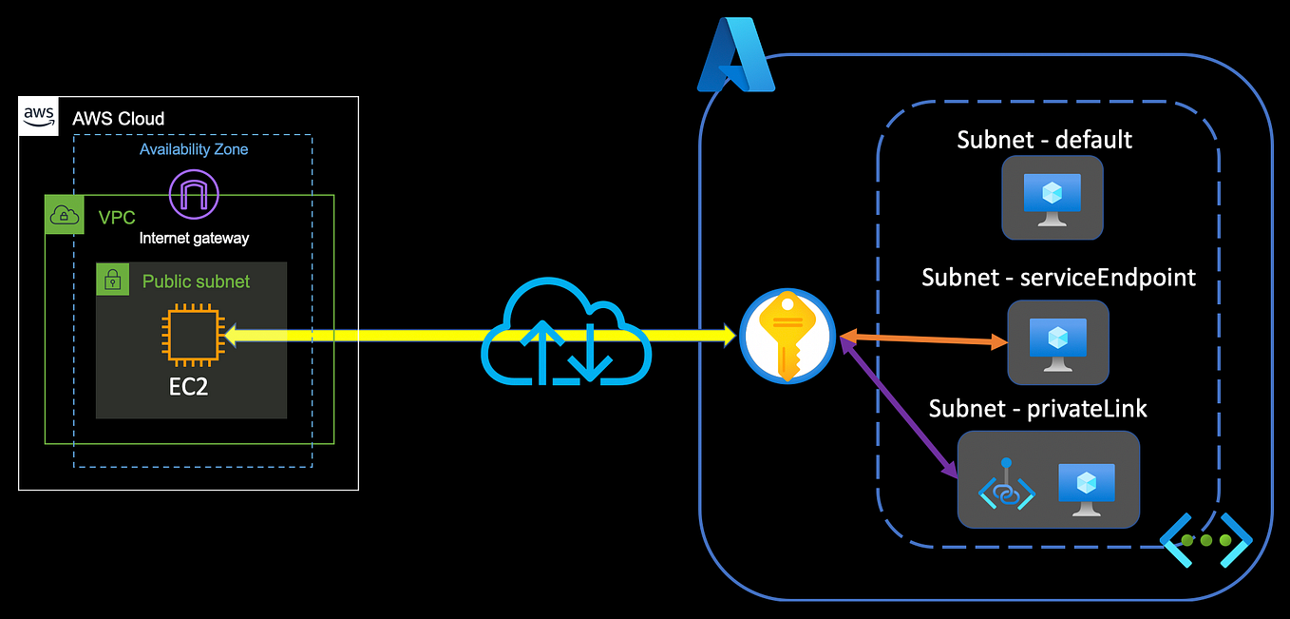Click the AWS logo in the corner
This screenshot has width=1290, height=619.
coord(39,115)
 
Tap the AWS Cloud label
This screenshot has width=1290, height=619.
coord(118,119)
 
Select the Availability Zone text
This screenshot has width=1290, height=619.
coord(194,149)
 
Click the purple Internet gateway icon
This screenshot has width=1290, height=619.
coord(194,194)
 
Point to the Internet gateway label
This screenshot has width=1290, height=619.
coord(194,238)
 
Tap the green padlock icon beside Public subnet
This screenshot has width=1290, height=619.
coord(113,279)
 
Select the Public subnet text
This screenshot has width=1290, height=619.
coord(196,281)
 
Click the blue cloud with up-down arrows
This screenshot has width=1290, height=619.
coord(567,339)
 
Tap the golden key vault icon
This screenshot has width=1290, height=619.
coord(786,337)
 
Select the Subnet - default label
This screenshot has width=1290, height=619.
coord(1044,140)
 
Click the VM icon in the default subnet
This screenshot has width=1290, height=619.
coord(1052,197)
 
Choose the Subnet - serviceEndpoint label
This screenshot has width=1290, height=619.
coord(1058,278)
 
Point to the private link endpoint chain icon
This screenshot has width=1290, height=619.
coord(1007,485)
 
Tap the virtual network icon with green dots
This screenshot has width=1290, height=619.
coord(1205,540)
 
